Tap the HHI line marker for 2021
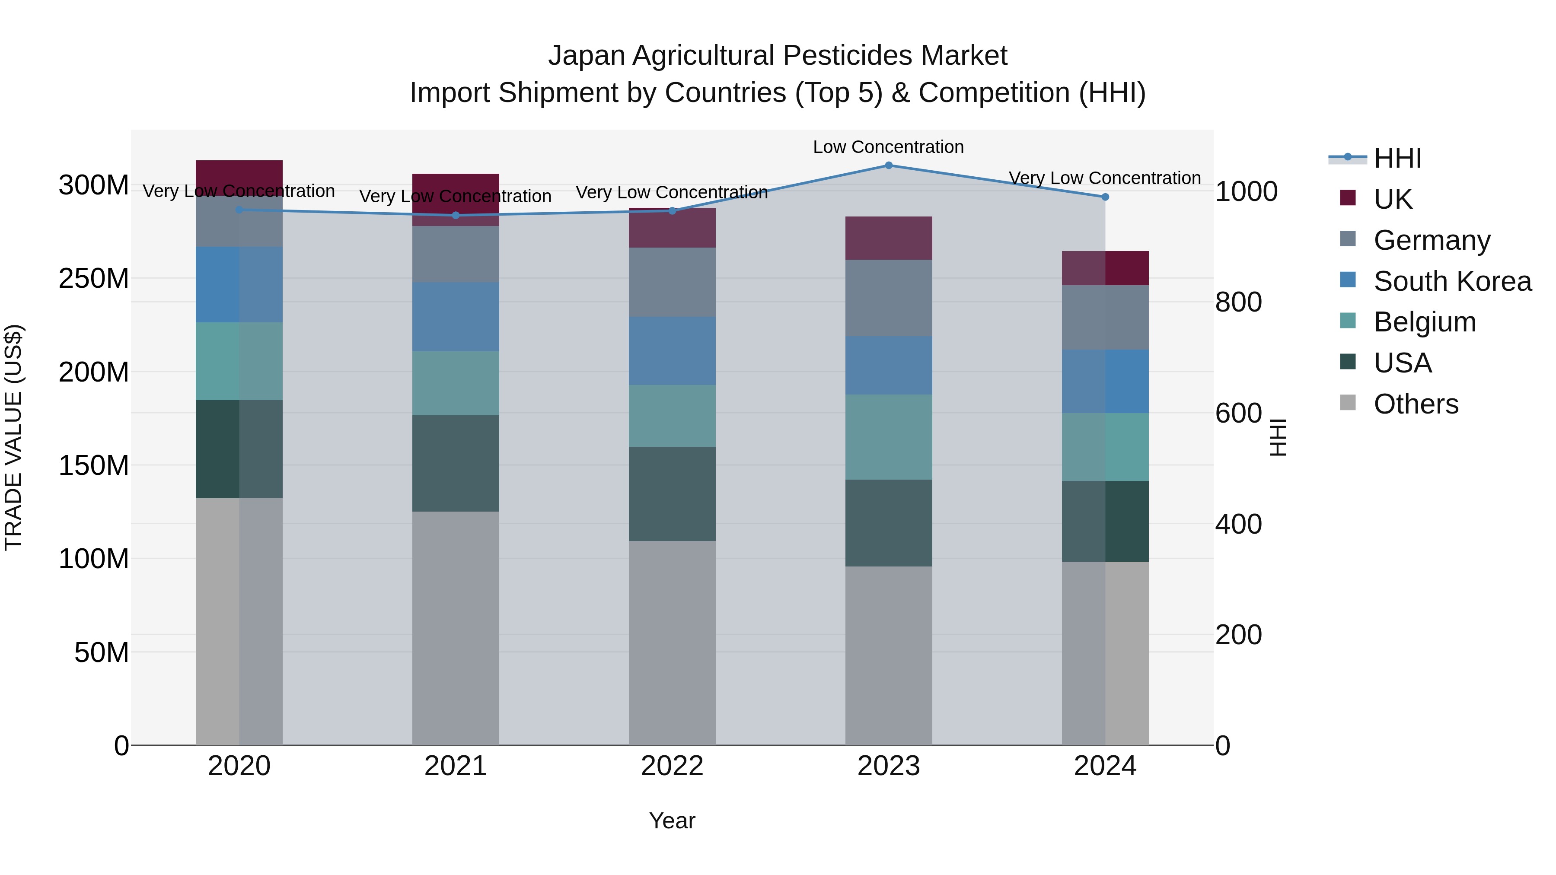coord(456,215)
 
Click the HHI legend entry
coord(1397,158)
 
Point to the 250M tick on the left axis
coord(94,278)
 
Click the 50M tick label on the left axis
coord(101,652)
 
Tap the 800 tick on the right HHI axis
coord(1238,302)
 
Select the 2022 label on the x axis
coord(672,766)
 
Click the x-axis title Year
coord(672,821)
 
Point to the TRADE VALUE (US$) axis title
coord(13,437)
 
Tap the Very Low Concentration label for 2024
coord(1104,178)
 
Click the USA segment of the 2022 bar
coord(672,493)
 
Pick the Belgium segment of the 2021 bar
coord(456,383)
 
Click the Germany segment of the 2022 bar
coord(672,282)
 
